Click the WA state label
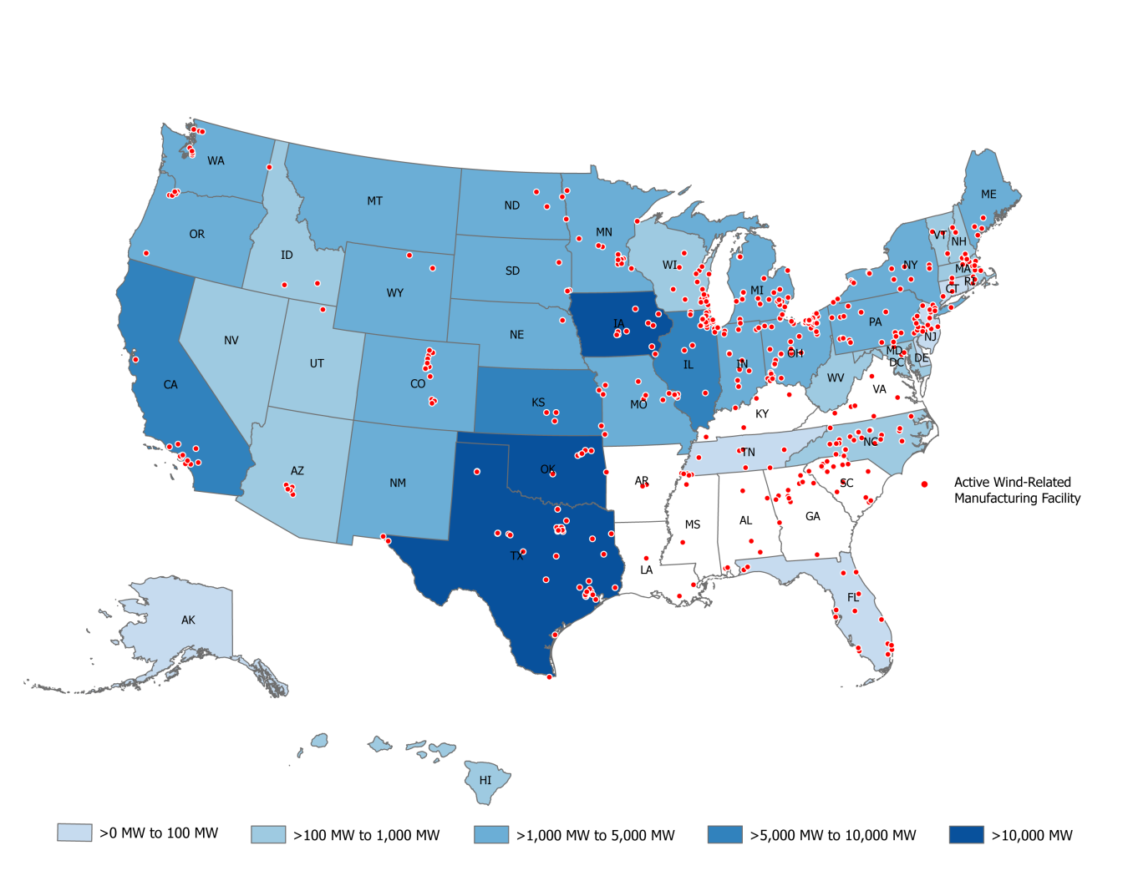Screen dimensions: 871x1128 click(x=216, y=160)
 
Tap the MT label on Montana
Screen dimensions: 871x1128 click(x=374, y=201)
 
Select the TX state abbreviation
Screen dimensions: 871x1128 click(x=516, y=556)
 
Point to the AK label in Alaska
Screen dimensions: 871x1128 click(x=188, y=620)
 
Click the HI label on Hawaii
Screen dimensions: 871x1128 click(x=485, y=781)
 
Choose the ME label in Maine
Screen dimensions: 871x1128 click(x=988, y=195)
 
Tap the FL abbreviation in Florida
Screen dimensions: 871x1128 click(x=853, y=598)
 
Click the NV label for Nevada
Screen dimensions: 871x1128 click(x=231, y=341)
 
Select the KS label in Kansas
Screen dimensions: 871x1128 click(x=538, y=403)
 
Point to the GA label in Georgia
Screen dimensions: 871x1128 click(x=812, y=517)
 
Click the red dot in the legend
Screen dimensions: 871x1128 click(x=924, y=484)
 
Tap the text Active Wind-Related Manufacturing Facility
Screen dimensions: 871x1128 click(x=1017, y=490)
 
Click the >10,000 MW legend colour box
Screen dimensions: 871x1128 click(x=966, y=834)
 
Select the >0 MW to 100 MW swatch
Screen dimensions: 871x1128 click(x=74, y=833)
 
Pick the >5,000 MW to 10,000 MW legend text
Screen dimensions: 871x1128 click(x=832, y=835)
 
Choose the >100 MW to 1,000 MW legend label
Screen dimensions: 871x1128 click(x=366, y=835)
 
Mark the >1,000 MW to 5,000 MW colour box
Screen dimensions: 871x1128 click(x=490, y=834)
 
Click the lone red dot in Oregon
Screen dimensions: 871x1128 click(x=145, y=253)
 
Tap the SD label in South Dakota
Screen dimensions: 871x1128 click(x=512, y=271)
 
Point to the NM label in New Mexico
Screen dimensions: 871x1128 click(x=398, y=484)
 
